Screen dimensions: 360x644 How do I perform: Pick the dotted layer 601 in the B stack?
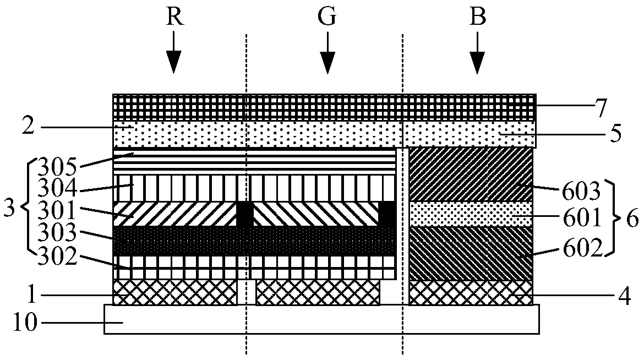coord(471,214)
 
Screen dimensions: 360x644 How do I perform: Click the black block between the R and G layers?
coord(244,214)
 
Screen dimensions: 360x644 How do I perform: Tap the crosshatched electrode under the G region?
coord(318,292)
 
